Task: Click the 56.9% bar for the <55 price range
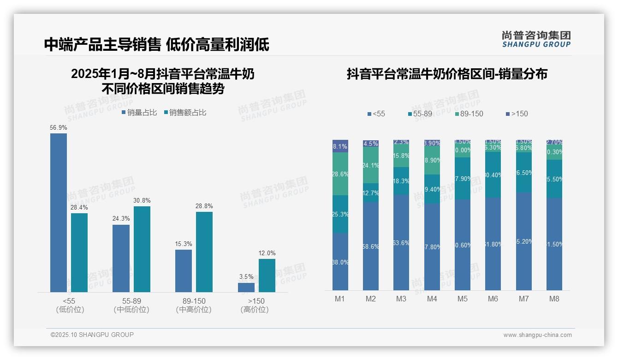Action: tap(59, 212)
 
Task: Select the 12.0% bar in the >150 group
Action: tap(267, 276)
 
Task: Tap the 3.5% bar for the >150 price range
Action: tap(246, 288)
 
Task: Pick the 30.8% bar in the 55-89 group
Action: tap(142, 249)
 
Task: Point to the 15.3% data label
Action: tap(184, 244)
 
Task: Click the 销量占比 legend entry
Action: tap(139, 113)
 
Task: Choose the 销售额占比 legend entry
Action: tap(184, 113)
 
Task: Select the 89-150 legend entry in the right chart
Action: tap(469, 114)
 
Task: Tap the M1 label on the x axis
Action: tap(340, 299)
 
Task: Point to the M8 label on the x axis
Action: tap(554, 299)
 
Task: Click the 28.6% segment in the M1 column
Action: tap(340, 174)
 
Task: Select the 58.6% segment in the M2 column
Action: tap(371, 246)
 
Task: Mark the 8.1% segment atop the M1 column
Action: tap(340, 146)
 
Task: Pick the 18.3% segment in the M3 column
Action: tap(401, 181)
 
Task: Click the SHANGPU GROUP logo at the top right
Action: tap(536, 39)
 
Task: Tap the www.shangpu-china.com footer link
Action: tap(537, 335)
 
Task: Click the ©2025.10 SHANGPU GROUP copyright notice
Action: tap(92, 335)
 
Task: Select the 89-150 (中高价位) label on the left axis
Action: tap(194, 305)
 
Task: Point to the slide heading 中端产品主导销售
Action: tap(102, 45)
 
